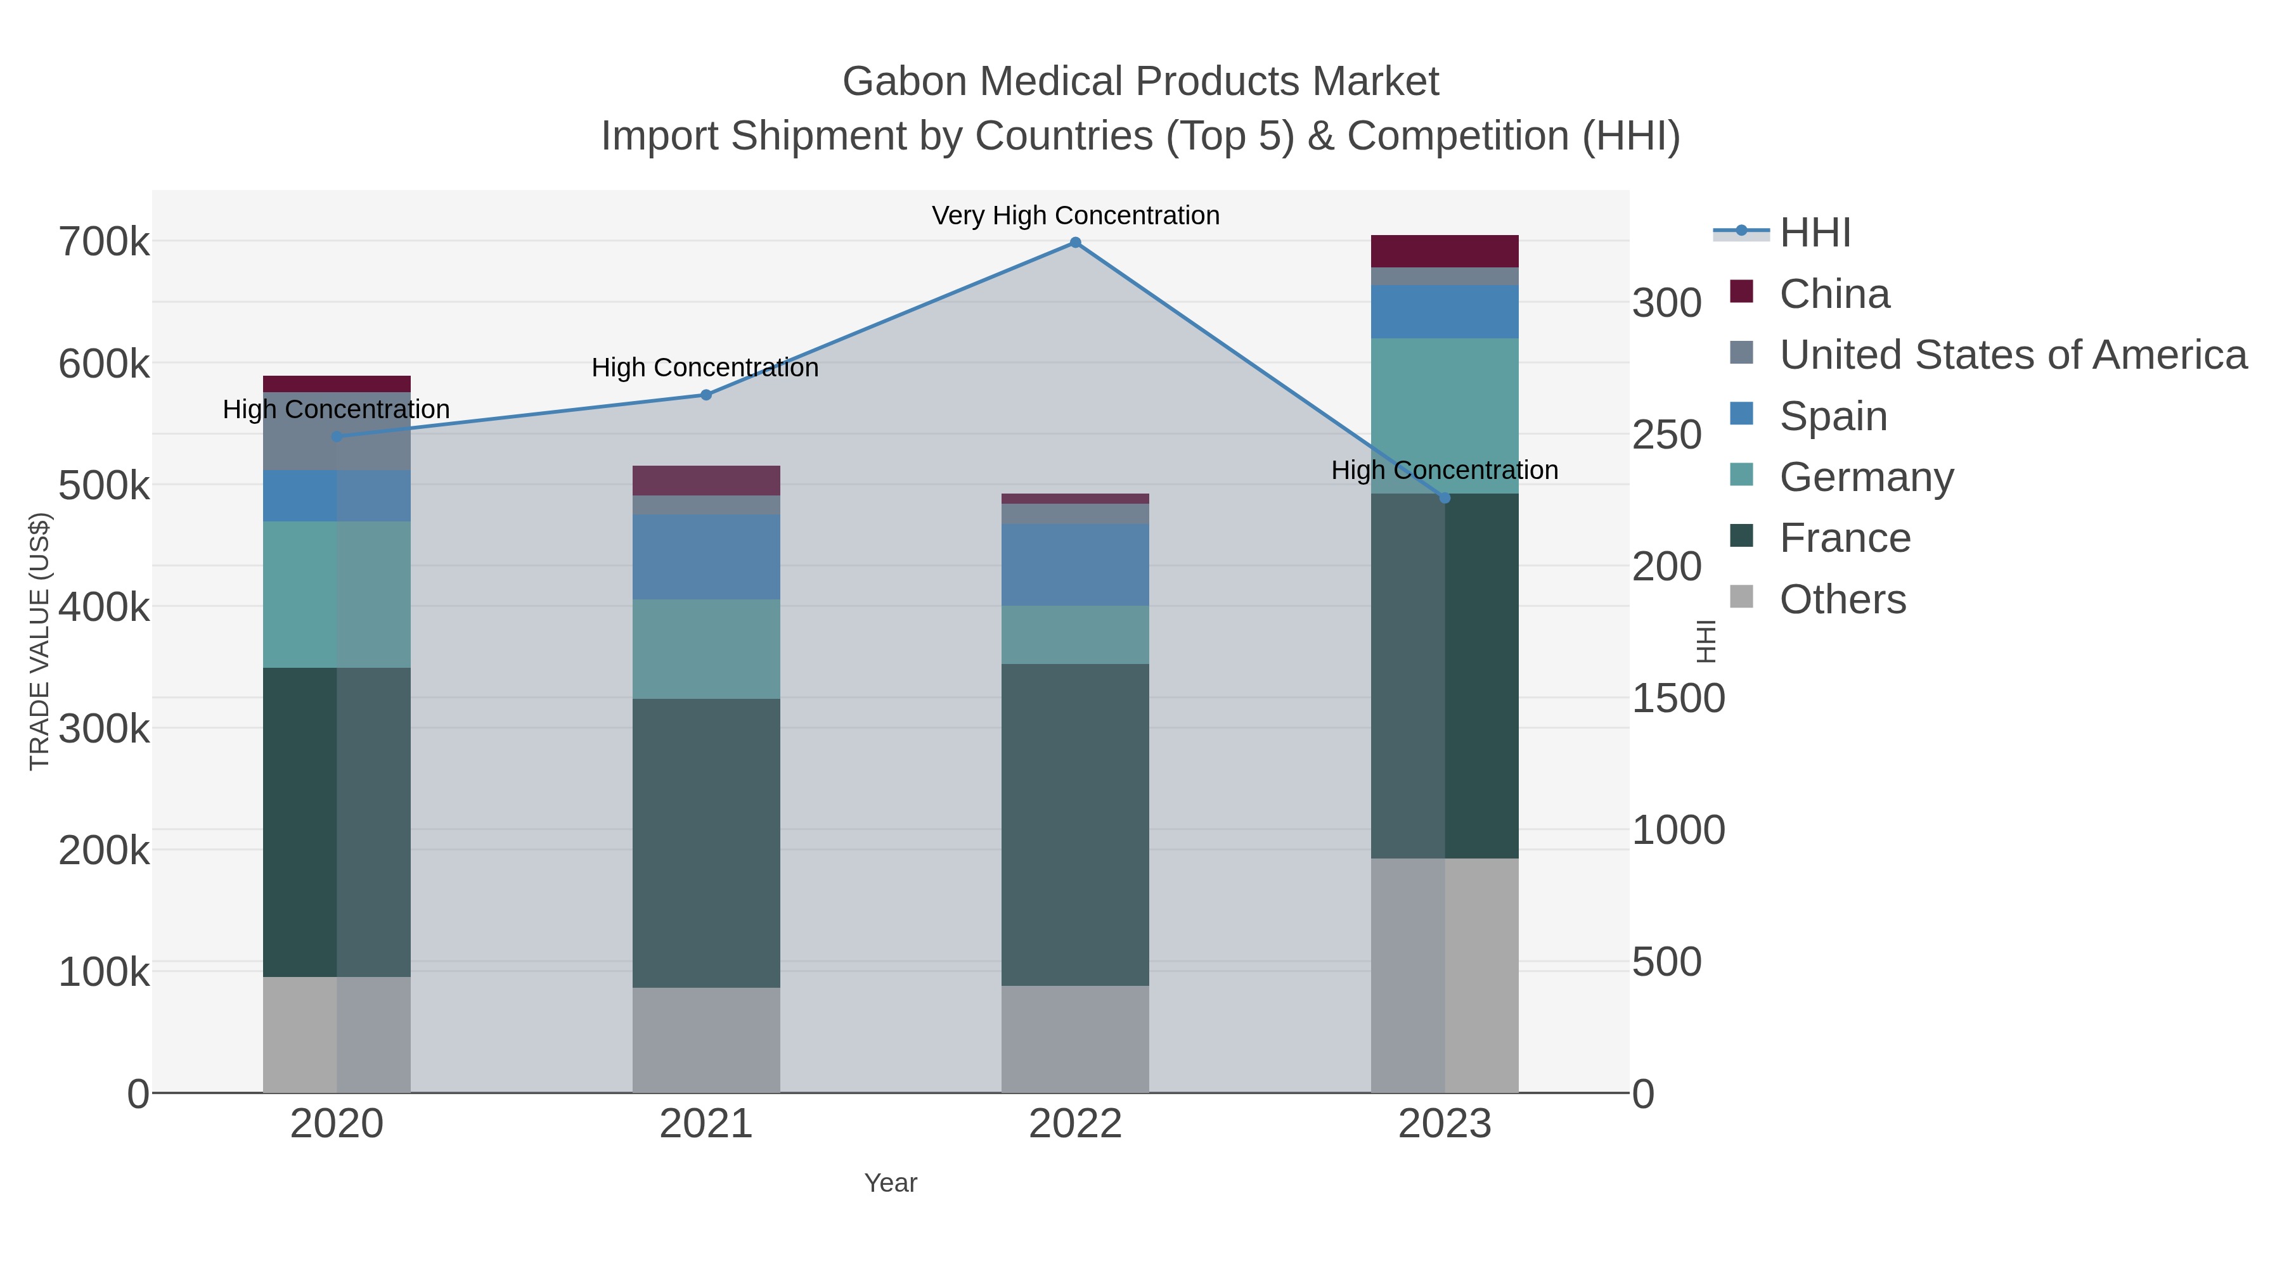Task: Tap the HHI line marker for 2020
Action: click(x=337, y=437)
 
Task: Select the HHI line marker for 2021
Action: click(x=706, y=395)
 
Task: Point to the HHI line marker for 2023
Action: click(x=1445, y=497)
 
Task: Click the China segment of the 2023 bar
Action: click(x=1445, y=252)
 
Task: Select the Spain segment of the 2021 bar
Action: click(x=706, y=557)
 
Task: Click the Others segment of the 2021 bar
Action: click(x=706, y=1040)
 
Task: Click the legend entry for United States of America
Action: click(x=2012, y=355)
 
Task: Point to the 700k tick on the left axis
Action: click(x=104, y=243)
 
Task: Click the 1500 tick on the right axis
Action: click(x=1678, y=699)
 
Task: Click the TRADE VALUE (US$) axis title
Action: click(x=40, y=641)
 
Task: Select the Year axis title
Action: click(x=891, y=1183)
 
